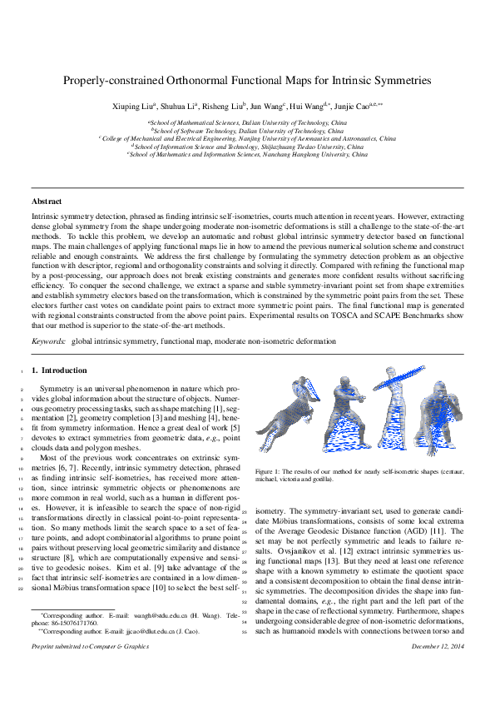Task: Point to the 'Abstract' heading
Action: click(46, 201)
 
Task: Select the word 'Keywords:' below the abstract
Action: click(47, 341)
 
